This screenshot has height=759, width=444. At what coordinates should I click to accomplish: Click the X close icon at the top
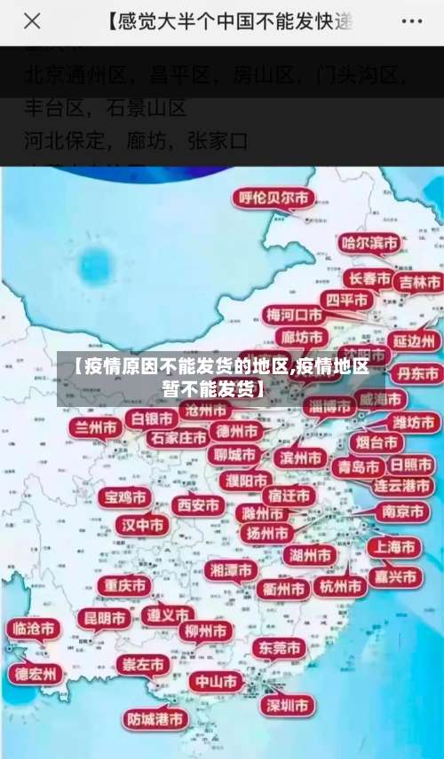point(33,21)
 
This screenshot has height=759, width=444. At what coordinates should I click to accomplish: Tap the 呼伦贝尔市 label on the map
point(272,200)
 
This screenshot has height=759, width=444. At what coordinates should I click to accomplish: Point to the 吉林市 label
point(418,283)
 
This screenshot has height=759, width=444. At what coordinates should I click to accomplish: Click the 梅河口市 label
point(296,315)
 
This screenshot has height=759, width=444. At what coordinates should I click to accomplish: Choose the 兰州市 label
point(98,427)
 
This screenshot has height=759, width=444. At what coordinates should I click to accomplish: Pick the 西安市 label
point(198,505)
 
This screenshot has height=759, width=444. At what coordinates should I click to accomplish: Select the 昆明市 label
point(105,617)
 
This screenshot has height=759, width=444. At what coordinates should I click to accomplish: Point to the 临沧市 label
point(32,629)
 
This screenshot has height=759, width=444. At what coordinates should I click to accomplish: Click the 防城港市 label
point(155,718)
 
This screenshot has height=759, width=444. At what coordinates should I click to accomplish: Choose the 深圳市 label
point(286,705)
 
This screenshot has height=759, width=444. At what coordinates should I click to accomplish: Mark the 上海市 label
point(394,547)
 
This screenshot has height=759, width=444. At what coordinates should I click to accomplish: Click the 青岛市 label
point(357,466)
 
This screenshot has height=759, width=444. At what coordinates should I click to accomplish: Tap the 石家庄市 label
point(178,437)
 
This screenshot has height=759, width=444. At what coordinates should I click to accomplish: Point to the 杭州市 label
point(339,586)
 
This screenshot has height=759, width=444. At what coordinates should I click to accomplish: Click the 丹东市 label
point(416,373)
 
